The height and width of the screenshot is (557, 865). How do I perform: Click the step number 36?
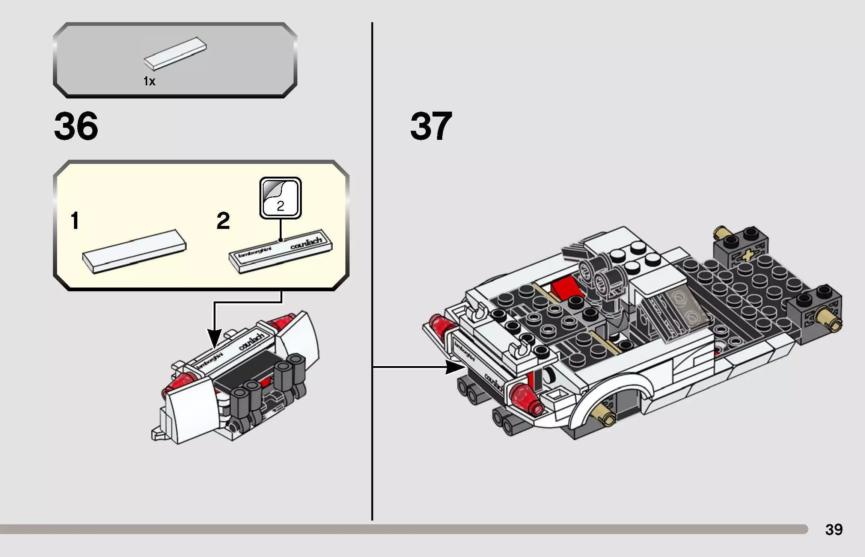pyautogui.click(x=76, y=126)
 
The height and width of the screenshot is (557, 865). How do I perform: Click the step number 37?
pyautogui.click(x=431, y=126)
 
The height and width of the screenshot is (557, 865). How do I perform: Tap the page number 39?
pyautogui.click(x=833, y=530)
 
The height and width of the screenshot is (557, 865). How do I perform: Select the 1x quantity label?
pyautogui.click(x=149, y=81)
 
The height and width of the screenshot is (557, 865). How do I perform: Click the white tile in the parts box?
pyautogui.click(x=175, y=54)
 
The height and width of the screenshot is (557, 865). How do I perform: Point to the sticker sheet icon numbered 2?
pyautogui.click(x=280, y=198)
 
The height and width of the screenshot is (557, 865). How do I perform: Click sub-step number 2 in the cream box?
pyautogui.click(x=223, y=221)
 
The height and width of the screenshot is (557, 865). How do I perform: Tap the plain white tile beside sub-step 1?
pyautogui.click(x=134, y=251)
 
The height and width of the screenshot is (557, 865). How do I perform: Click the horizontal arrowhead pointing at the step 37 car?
pyautogui.click(x=455, y=367)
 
